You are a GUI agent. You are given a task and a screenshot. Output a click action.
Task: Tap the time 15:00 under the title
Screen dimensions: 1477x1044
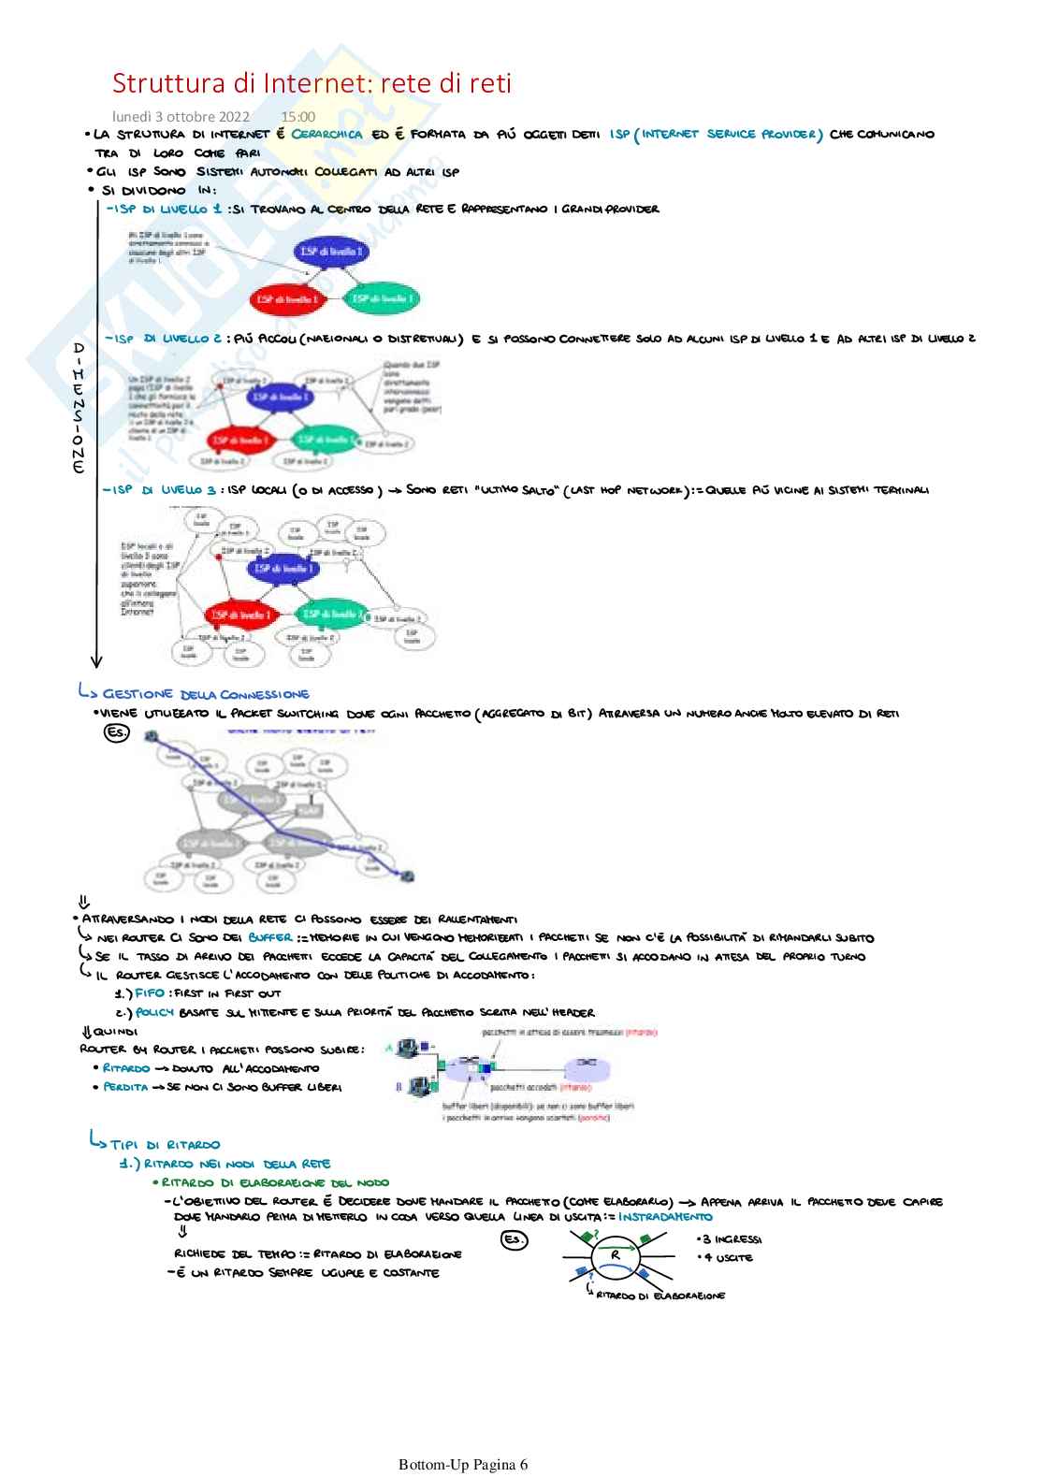(297, 117)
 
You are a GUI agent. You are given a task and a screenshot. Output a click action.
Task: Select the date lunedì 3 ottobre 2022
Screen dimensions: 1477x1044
(181, 117)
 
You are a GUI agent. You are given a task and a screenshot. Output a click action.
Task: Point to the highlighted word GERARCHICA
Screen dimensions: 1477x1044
(326, 134)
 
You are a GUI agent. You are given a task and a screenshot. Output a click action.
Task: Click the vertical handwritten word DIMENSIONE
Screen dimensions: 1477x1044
(79, 408)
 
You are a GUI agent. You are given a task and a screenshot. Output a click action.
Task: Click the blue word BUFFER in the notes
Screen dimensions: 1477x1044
(269, 937)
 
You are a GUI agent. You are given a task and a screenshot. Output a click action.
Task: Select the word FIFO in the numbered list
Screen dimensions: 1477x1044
(150, 993)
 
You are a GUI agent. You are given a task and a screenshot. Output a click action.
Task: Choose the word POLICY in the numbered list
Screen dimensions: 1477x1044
(154, 1012)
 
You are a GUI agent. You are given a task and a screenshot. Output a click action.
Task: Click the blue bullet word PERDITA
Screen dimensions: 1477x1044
(125, 1087)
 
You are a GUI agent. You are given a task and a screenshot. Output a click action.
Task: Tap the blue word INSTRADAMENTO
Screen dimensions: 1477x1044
(665, 1217)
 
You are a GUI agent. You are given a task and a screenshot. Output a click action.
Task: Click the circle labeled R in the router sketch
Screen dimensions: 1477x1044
(615, 1255)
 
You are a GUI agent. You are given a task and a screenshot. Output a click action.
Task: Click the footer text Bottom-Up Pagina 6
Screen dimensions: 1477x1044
(463, 1464)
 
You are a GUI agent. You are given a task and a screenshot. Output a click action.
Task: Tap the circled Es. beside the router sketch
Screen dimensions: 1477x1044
(515, 1240)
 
